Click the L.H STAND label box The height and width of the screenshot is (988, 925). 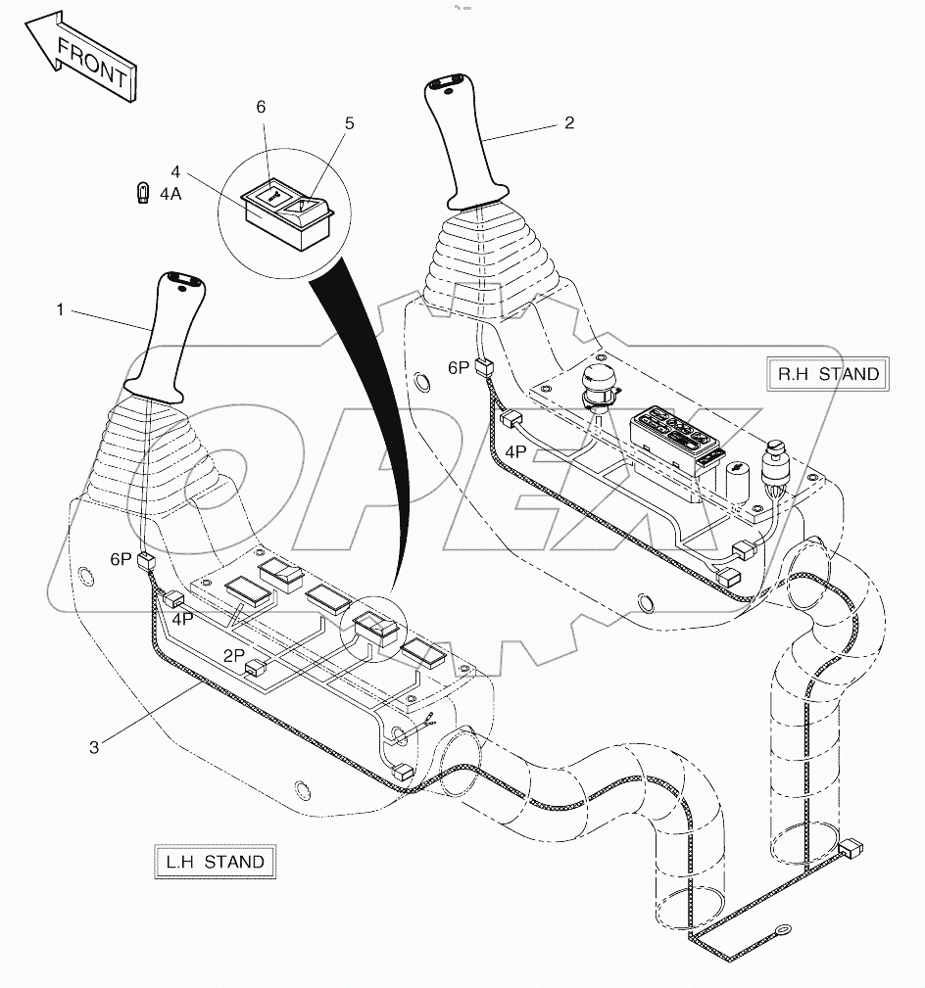[215, 862]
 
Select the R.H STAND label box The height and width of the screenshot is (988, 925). [829, 373]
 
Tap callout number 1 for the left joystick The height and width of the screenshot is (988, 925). [60, 309]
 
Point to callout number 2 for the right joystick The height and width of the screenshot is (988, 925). [569, 123]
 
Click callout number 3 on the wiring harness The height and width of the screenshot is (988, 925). [93, 747]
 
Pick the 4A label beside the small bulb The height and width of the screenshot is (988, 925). [170, 194]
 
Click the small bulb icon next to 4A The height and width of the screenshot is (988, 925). [142, 193]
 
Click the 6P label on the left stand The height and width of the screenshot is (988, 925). [120, 559]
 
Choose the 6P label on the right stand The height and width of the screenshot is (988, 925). [459, 367]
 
